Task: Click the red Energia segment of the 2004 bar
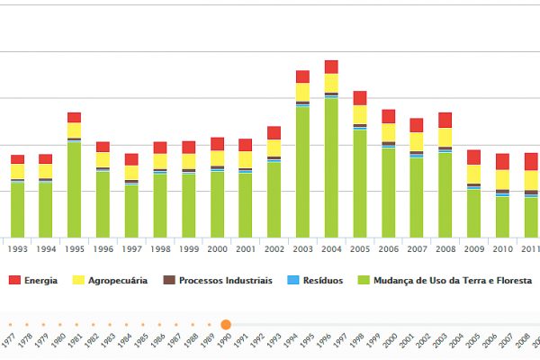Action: coord(331,67)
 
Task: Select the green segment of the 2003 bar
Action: coord(302,171)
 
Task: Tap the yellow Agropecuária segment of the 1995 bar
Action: coord(74,130)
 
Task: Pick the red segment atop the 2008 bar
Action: coord(445,120)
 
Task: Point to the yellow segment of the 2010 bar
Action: coord(501,179)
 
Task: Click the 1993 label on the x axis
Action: coord(17,249)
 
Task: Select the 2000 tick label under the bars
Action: coord(217,249)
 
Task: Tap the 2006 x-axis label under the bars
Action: coord(388,249)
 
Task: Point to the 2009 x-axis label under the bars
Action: coord(473,249)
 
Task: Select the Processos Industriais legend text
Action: coord(225,281)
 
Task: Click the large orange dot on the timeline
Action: coord(226,324)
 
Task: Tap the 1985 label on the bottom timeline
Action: coord(142,342)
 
